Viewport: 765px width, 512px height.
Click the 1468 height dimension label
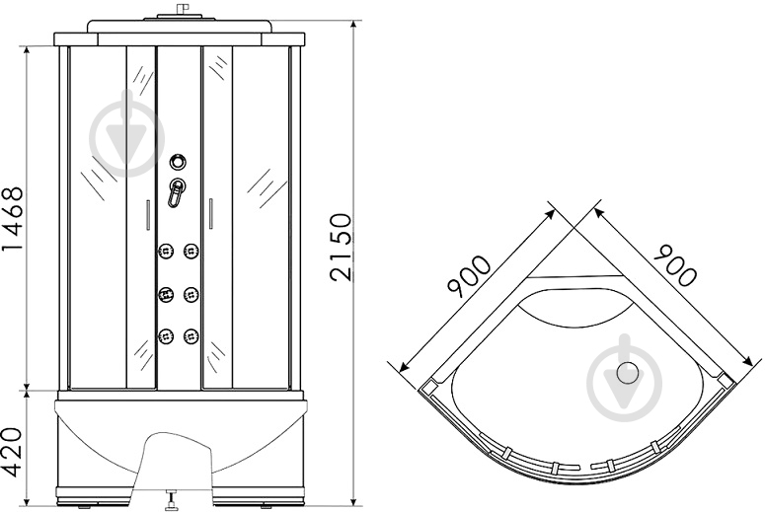(13, 218)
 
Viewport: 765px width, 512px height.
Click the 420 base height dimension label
(13, 453)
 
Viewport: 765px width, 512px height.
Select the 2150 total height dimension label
(341, 248)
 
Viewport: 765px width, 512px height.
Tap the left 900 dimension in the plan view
(469, 276)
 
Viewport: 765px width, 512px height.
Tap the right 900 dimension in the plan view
(675, 265)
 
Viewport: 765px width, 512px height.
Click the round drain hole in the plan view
(628, 373)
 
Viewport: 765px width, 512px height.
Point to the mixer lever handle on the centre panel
(176, 192)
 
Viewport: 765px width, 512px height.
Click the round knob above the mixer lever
(178, 162)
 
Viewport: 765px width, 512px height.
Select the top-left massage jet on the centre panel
(166, 251)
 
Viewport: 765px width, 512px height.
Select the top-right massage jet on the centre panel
(191, 251)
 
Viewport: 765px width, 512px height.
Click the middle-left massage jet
(166, 294)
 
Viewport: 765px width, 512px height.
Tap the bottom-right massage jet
(191, 335)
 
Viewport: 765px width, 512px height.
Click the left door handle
(148, 214)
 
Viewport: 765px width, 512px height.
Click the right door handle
(211, 213)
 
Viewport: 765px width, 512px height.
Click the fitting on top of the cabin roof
(182, 11)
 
